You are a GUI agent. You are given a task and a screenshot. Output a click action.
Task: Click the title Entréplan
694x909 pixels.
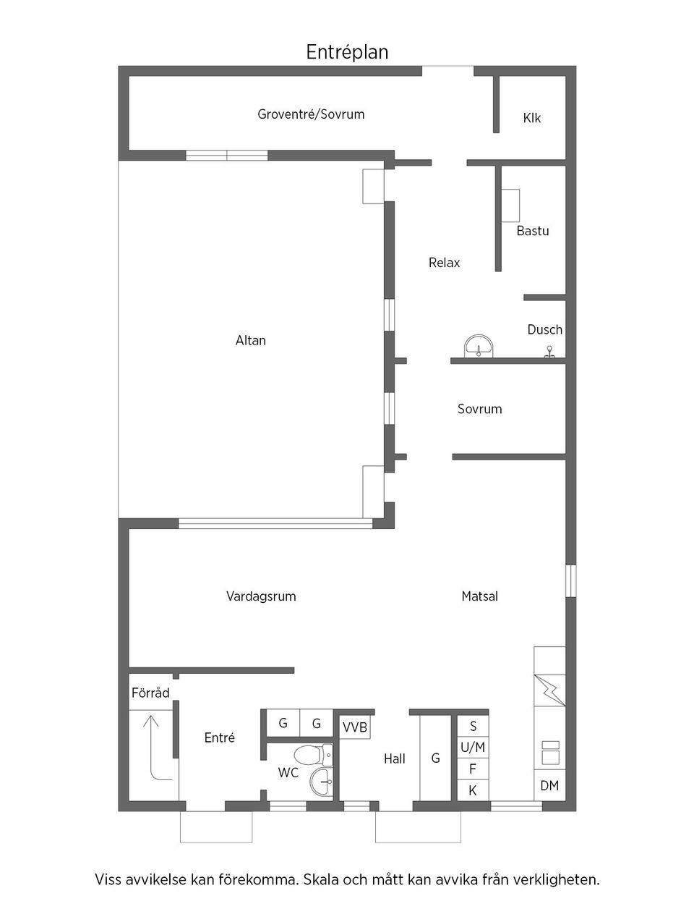[347, 52]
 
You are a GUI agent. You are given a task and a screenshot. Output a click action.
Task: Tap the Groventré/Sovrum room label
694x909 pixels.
[311, 114]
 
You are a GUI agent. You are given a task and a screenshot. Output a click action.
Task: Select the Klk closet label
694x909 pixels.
[532, 118]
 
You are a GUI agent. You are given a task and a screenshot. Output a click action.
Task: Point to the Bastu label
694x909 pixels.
[533, 231]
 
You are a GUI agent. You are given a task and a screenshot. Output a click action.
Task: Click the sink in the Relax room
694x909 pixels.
[478, 347]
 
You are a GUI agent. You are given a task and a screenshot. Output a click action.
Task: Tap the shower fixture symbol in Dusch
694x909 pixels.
[550, 352]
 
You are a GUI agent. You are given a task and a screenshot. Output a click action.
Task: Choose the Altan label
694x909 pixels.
[251, 340]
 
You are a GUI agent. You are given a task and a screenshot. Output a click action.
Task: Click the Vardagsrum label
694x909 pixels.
[261, 596]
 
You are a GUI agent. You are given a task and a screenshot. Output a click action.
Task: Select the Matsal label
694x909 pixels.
[480, 596]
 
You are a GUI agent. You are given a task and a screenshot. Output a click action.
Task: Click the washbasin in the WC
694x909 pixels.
[322, 781]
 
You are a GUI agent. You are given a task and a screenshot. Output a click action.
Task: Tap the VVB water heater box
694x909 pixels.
[355, 727]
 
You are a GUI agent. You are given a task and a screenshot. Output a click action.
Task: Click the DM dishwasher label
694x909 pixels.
[549, 785]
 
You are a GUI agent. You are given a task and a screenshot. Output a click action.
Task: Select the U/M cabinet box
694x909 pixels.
[473, 748]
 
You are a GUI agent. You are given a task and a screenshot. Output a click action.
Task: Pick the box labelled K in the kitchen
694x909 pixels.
[473, 790]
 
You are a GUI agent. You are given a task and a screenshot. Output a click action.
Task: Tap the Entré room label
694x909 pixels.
[220, 737]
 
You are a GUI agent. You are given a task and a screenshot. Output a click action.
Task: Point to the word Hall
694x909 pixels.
[395, 758]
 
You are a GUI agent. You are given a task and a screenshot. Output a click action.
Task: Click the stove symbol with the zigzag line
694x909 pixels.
[549, 690]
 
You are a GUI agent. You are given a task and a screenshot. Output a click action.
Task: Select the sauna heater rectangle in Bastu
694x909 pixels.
[510, 206]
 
